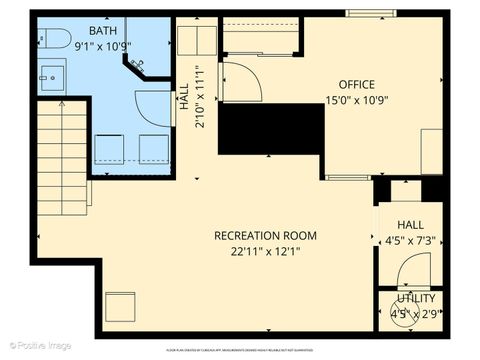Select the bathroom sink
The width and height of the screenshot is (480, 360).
click(x=51, y=76)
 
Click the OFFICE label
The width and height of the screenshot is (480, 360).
click(x=357, y=84)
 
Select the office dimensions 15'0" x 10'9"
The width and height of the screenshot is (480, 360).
click(x=356, y=100)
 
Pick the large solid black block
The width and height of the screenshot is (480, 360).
click(x=271, y=128)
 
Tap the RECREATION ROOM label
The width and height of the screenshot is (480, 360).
click(x=265, y=236)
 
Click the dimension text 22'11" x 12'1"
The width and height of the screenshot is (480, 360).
click(x=265, y=251)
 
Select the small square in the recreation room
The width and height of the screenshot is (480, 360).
click(x=120, y=306)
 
